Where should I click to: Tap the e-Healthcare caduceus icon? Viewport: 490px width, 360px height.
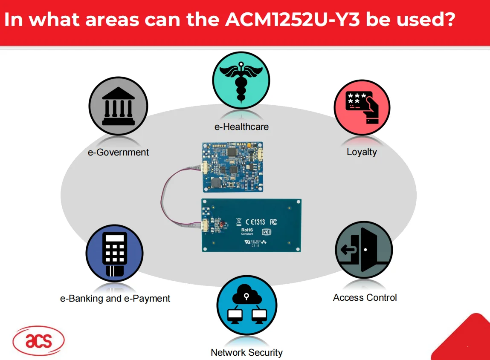click(241, 80)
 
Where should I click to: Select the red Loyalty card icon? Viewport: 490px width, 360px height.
click(362, 107)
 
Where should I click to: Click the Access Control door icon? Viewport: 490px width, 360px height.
click(364, 250)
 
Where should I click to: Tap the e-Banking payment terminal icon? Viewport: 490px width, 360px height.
click(114, 254)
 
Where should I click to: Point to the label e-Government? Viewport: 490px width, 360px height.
click(118, 152)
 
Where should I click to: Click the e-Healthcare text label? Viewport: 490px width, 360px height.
click(241, 127)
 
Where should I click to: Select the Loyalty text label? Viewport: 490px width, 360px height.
click(362, 152)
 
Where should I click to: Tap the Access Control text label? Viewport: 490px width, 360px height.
click(365, 297)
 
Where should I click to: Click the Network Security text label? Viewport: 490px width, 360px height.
click(246, 352)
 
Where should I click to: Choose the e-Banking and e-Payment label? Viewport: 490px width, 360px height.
click(115, 298)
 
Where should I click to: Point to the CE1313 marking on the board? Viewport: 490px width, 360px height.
click(255, 222)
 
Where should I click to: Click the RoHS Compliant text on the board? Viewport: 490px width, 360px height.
click(247, 232)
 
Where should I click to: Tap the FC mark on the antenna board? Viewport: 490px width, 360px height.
click(274, 222)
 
